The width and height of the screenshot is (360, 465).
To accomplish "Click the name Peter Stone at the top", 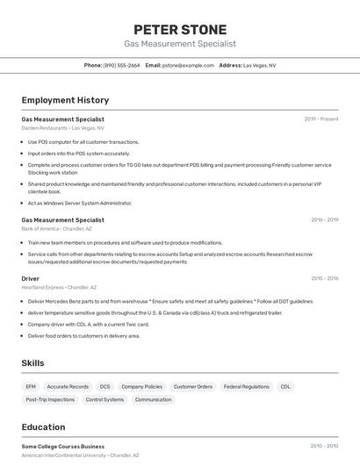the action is click(x=180, y=30).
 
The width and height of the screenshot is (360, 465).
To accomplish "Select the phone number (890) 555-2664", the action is click(x=121, y=65).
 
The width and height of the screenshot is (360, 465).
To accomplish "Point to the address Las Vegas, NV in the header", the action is click(x=259, y=65).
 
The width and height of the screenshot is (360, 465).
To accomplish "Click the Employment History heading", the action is click(x=65, y=100).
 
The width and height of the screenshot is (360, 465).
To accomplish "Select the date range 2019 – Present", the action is click(x=320, y=119).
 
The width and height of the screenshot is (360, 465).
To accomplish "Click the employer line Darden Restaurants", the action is click(x=62, y=128).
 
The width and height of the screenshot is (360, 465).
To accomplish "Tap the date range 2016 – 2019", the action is click(x=324, y=220).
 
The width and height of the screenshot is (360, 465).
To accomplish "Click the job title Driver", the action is click(x=31, y=278).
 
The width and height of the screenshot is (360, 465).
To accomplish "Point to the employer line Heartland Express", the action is click(x=59, y=287).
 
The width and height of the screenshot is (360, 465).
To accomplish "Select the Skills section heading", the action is click(x=33, y=362).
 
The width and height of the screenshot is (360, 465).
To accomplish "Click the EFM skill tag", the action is click(x=31, y=386).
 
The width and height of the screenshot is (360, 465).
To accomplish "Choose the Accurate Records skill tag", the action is click(x=68, y=386).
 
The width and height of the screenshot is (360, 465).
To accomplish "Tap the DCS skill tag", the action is click(x=104, y=386).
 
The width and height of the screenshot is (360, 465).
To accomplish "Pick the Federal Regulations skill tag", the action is click(x=246, y=386).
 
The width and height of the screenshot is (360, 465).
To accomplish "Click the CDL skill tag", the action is click(x=285, y=386).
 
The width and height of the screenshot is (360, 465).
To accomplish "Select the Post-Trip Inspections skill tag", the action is click(x=50, y=399).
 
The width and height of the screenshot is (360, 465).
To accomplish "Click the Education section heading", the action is click(x=44, y=427).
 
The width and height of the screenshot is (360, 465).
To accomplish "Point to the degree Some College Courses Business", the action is click(x=62, y=447).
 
